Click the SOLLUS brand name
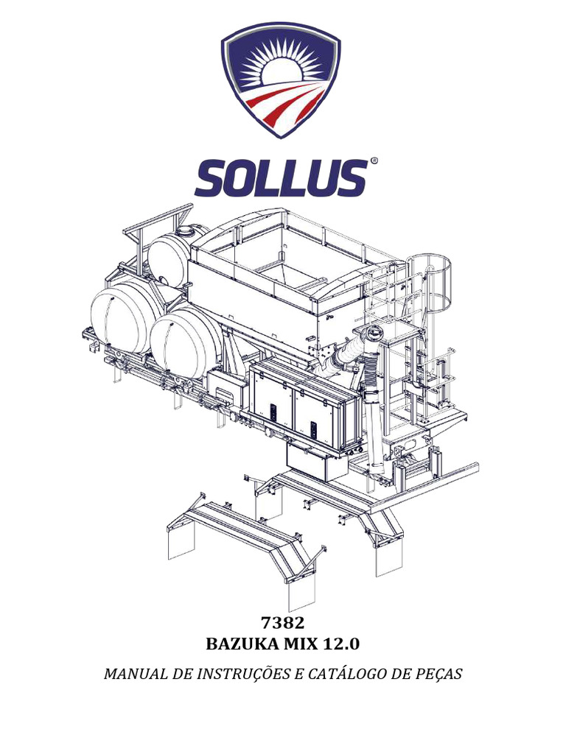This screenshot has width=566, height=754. point(281,177)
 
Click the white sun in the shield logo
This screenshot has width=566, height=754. point(281,72)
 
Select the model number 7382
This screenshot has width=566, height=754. point(282,623)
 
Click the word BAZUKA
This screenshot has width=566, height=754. point(237,644)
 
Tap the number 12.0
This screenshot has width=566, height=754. point(341,644)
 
